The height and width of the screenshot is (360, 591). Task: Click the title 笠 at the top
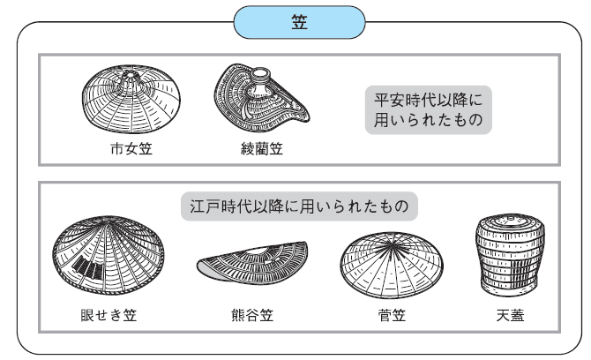pos(298,21)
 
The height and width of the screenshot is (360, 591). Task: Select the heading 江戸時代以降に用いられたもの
pos(298,206)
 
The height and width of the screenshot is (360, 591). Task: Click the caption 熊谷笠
pos(251,313)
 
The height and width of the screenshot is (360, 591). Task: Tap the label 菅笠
pos(389,313)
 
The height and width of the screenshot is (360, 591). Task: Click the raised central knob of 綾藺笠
pos(261,79)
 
